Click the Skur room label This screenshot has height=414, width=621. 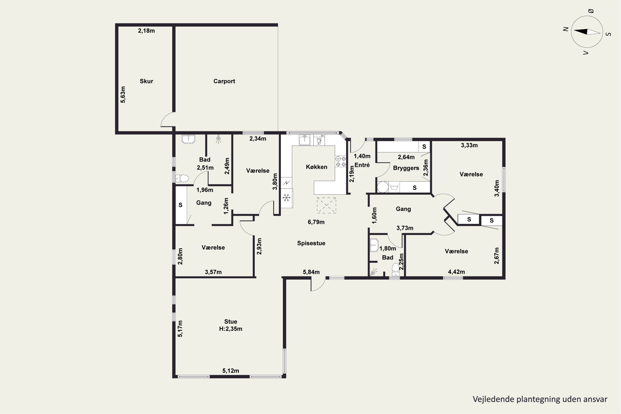146,81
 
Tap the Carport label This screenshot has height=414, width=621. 224,81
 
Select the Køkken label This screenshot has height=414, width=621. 317,167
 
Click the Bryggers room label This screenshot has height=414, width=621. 406,168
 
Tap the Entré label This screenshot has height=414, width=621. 362,165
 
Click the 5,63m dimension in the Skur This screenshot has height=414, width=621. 123,95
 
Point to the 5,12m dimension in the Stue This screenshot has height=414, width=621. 231,371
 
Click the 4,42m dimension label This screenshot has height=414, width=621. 456,272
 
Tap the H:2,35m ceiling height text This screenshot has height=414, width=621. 231,329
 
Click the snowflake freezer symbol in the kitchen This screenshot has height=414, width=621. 286,197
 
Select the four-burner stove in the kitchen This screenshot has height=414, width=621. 341,161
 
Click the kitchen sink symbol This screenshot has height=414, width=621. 305,140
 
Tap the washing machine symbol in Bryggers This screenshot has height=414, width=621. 394,187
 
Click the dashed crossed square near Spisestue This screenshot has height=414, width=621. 327,205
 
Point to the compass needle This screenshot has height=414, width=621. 587,32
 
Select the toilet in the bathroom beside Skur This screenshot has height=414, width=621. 182,178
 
